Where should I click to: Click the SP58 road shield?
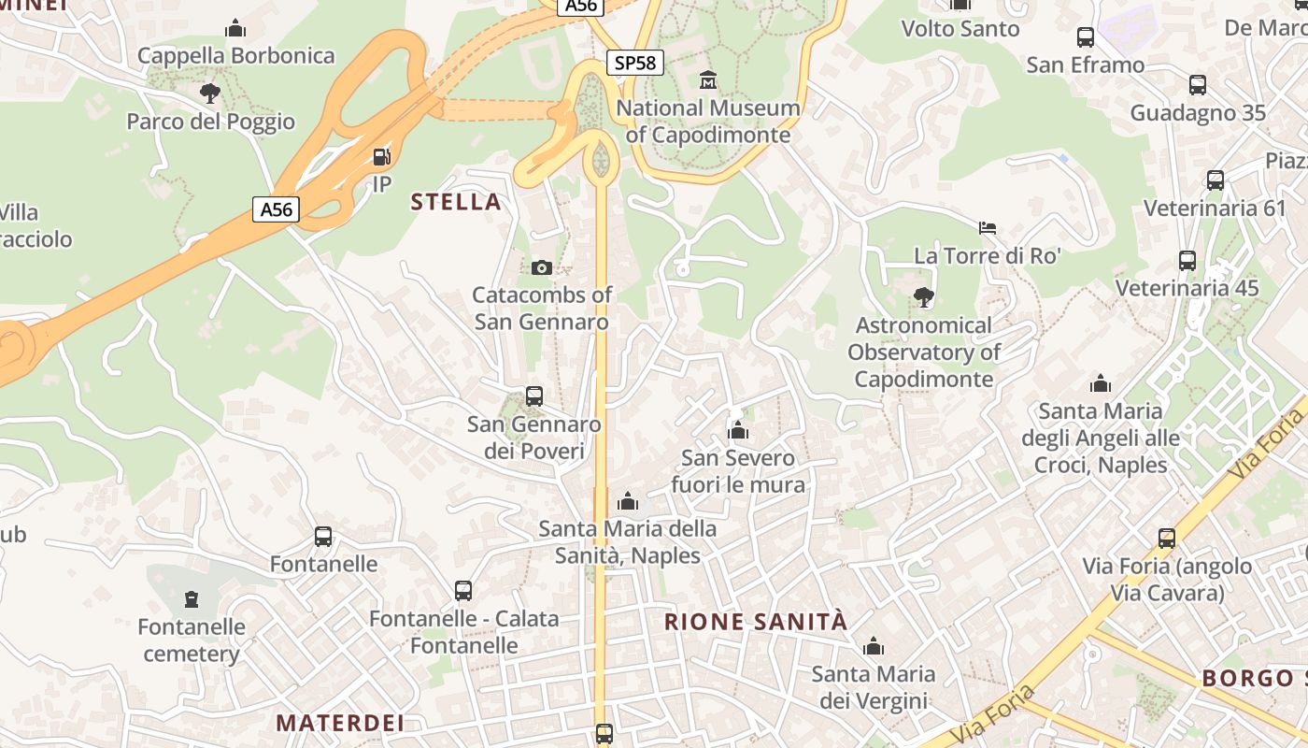point(636,63)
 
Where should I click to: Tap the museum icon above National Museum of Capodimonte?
point(708,80)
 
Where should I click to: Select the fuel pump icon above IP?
point(381,156)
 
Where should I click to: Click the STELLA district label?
point(456,202)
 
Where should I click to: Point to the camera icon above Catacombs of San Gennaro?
point(541,268)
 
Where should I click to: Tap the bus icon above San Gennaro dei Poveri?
point(534,396)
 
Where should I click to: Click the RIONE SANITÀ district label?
point(756,622)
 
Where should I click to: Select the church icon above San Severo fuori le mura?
point(738,431)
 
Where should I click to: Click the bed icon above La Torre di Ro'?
point(988,228)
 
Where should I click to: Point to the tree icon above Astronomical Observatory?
point(924,297)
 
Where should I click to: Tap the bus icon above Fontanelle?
point(323,537)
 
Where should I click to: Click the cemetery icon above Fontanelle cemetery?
point(192,598)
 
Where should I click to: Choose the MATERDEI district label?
point(340,723)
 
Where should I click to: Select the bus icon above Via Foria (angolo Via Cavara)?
point(1167,539)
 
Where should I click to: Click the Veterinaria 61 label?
point(1215,208)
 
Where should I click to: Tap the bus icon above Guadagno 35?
point(1198,85)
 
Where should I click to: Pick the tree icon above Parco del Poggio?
point(210,93)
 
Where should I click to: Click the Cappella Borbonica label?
point(235,56)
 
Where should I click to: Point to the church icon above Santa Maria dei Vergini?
point(874,646)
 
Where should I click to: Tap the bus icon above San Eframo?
point(1086,37)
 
